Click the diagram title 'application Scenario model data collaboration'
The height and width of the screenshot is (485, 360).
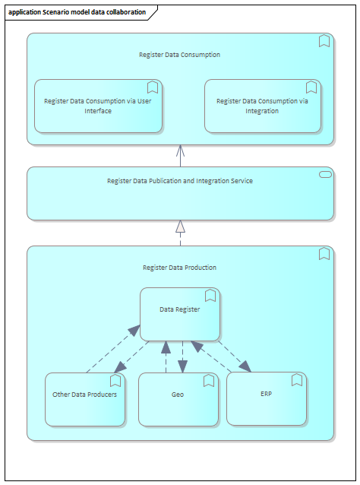[x=77, y=12]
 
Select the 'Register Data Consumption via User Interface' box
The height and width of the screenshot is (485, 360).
[x=98, y=106]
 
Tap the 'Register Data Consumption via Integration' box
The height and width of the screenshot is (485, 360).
[x=263, y=106]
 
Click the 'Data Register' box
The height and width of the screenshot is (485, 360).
[x=180, y=314]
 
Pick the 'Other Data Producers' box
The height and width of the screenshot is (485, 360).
[x=85, y=399]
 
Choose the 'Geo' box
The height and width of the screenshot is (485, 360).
[x=178, y=399]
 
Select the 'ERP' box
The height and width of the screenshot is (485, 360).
[x=267, y=398]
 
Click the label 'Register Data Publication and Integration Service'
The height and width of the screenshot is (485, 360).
[x=180, y=181]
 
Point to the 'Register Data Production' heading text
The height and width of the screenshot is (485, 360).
[x=179, y=268]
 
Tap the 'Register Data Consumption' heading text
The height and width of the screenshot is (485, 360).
[x=179, y=55]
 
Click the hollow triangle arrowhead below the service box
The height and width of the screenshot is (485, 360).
[x=181, y=227]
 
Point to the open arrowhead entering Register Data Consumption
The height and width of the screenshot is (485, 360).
[x=181, y=151]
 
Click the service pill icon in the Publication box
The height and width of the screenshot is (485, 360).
[x=325, y=175]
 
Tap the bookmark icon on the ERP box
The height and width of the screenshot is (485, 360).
[x=297, y=380]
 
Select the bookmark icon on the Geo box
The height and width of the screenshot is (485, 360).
[x=209, y=380]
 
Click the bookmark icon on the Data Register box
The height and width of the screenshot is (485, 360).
[x=210, y=296]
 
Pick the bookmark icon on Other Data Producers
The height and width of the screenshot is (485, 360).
[x=115, y=380]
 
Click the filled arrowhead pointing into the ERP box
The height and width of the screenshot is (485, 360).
[x=245, y=366]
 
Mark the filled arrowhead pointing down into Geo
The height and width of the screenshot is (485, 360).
[x=182, y=366]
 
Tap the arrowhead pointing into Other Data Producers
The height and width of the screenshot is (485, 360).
[x=120, y=367]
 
